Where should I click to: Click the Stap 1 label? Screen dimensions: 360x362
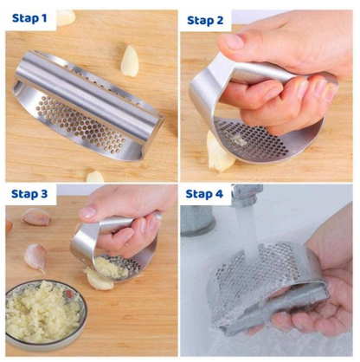click(x=29, y=18)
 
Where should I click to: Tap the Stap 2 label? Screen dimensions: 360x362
click(x=205, y=21)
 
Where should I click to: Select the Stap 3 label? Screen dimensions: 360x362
click(x=29, y=194)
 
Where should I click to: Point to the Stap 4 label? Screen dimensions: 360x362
click(x=204, y=194)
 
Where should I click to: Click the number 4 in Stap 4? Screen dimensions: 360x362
click(x=219, y=194)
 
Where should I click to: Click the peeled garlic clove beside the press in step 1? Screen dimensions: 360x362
click(x=130, y=61)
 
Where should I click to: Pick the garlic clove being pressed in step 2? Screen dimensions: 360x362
click(x=219, y=153)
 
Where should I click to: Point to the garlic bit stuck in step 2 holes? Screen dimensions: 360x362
click(x=238, y=141)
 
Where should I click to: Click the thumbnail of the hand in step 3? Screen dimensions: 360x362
click(x=87, y=212)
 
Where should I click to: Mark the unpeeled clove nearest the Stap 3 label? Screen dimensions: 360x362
click(x=35, y=217)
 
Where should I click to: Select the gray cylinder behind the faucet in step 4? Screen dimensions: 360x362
click(x=197, y=220)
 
